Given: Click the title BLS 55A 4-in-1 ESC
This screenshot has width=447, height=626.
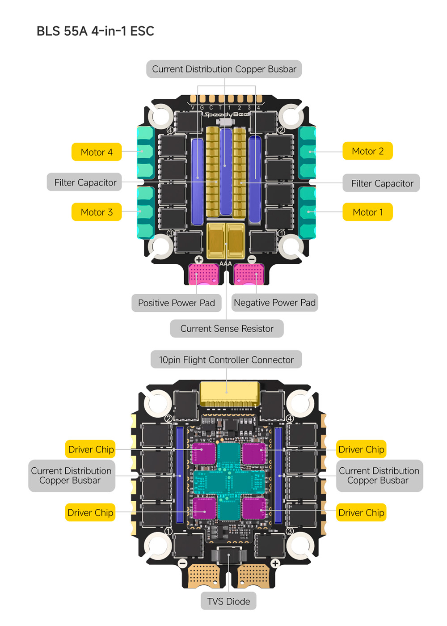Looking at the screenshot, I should (x=95, y=31).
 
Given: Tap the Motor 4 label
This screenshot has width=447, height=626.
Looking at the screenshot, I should (x=97, y=152).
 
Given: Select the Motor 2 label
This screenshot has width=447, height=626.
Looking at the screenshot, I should (x=367, y=151).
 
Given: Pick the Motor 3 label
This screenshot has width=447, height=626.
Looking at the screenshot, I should (x=97, y=212).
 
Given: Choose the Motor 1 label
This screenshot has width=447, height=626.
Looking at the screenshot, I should (x=367, y=212).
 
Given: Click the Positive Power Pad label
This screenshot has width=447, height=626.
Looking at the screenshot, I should (x=177, y=303).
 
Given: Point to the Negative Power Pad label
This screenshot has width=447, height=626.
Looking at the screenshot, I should (x=274, y=303).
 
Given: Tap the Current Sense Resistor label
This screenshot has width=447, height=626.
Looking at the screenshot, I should (x=227, y=329).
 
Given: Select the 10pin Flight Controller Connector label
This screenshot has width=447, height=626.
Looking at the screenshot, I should (x=226, y=360).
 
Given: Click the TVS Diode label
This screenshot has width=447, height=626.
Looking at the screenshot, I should (x=228, y=601).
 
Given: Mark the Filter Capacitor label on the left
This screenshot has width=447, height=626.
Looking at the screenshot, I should (x=85, y=182).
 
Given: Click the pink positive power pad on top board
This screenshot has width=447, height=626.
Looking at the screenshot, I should (x=203, y=274).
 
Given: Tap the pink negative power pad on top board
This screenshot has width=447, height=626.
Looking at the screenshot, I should (x=249, y=274).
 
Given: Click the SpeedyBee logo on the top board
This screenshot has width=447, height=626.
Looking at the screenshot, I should (x=227, y=114).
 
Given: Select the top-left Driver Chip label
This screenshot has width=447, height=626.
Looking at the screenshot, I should (x=91, y=449).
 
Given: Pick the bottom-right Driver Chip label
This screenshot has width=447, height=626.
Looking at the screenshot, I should (x=361, y=512).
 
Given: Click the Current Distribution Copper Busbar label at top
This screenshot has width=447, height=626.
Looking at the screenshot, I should (x=224, y=69).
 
